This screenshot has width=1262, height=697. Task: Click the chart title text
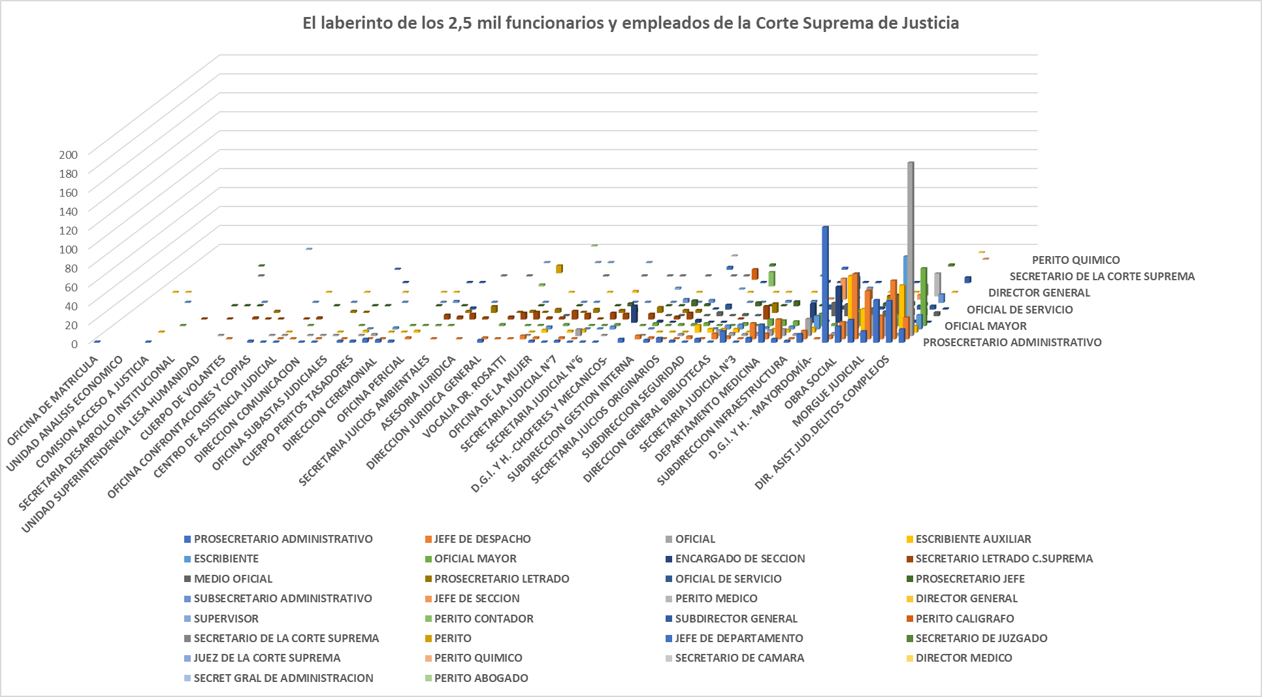pyautogui.click(x=630, y=24)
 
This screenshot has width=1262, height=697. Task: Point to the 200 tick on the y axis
pyautogui.click(x=69, y=155)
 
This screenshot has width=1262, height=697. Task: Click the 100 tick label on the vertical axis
pyautogui.click(x=69, y=249)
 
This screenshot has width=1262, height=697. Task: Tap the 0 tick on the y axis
pyautogui.click(x=74, y=344)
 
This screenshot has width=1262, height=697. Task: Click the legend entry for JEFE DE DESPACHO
pyautogui.click(x=482, y=539)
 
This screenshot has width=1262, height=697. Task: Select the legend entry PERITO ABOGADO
pyautogui.click(x=481, y=678)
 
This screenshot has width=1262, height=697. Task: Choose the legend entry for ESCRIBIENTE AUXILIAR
pyautogui.click(x=973, y=539)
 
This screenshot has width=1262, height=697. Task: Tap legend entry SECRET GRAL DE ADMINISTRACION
pyautogui.click(x=283, y=678)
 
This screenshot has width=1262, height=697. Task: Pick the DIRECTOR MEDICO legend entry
pyautogui.click(x=963, y=658)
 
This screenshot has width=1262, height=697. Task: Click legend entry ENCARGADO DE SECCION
pyautogui.click(x=739, y=559)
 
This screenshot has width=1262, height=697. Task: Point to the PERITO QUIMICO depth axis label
pyautogui.click(x=1075, y=260)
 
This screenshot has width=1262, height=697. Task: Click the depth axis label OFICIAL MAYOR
pyautogui.click(x=985, y=326)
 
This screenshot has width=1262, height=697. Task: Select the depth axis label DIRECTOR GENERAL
pyautogui.click(x=1039, y=293)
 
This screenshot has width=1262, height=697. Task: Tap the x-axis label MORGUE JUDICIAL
pyautogui.click(x=828, y=392)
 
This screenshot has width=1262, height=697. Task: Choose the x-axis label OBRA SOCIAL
pyautogui.click(x=811, y=383)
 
